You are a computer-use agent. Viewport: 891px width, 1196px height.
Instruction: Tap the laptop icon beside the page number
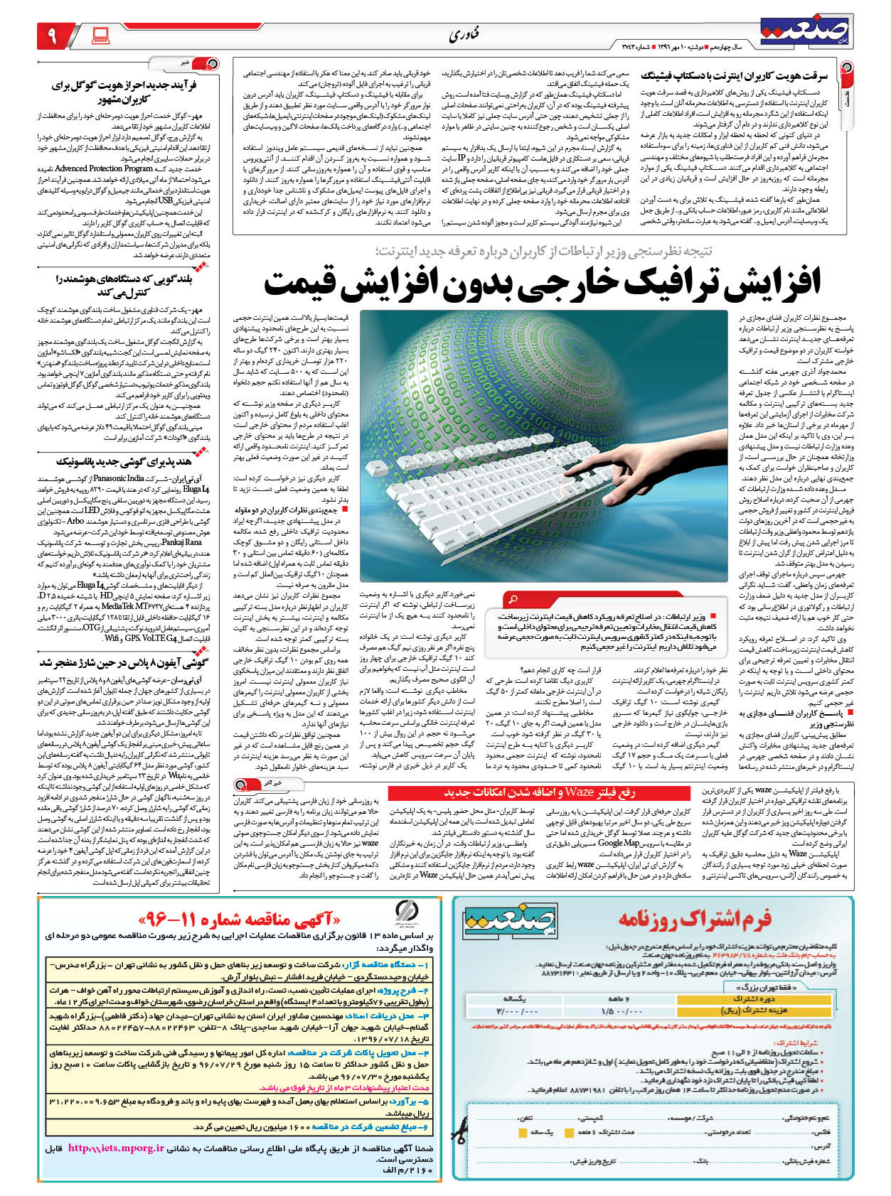pos(100,34)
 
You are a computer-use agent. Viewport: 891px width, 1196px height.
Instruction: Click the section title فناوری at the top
pos(464,35)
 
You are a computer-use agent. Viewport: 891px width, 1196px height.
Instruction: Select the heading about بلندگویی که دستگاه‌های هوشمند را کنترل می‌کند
pos(123,285)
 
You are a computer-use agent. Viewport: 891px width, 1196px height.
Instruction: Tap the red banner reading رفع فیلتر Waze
pos(539,792)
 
